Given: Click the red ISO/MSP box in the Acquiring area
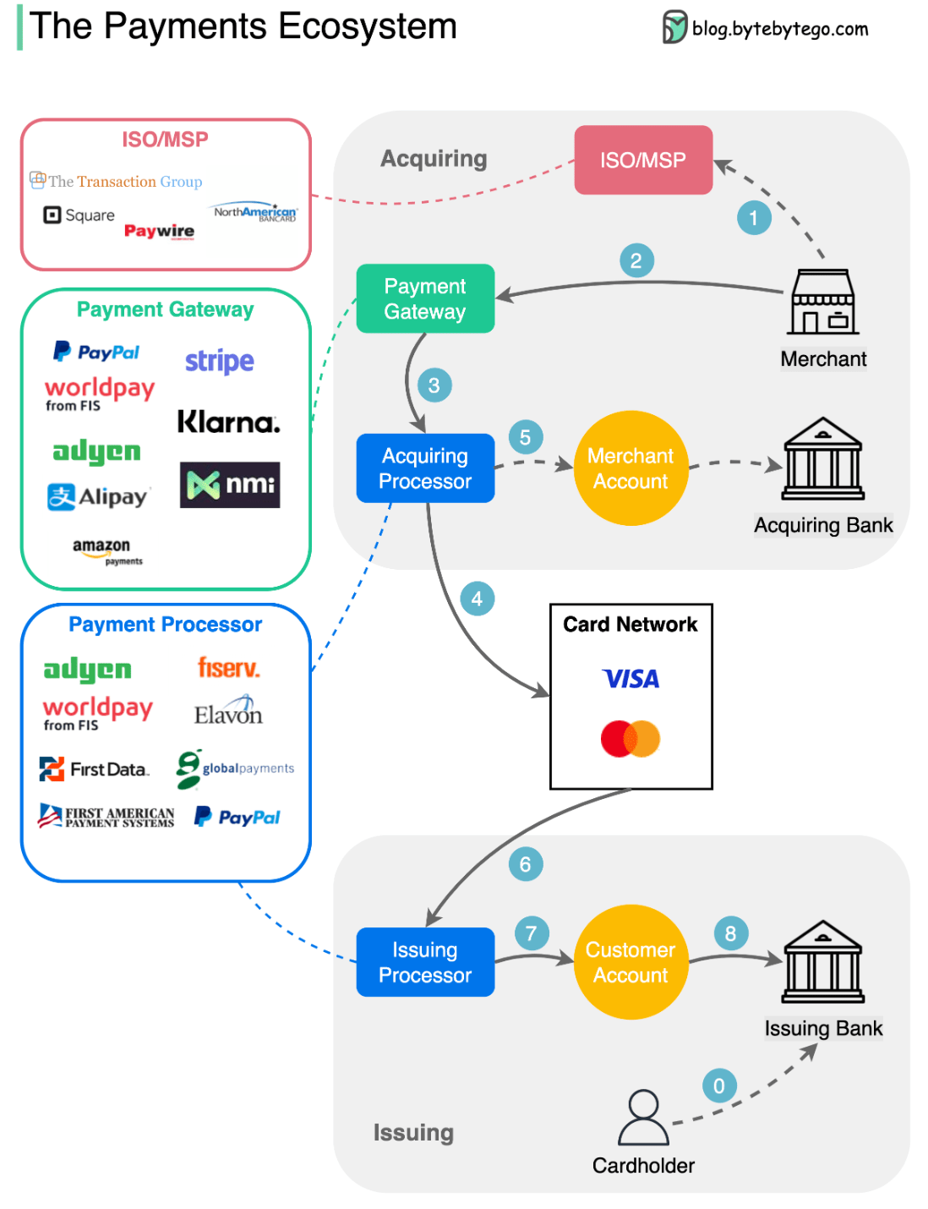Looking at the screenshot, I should (x=643, y=160).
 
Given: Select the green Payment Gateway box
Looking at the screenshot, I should (x=425, y=298).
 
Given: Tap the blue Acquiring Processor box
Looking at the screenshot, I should (x=425, y=468).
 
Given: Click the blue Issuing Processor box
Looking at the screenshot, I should (x=425, y=962).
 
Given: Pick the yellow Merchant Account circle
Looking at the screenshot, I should (x=630, y=468).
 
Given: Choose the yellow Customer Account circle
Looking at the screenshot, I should (x=630, y=962).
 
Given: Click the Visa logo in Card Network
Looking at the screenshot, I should (x=630, y=679).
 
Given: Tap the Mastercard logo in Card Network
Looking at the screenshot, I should (x=630, y=739).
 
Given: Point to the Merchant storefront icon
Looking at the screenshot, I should (x=823, y=303).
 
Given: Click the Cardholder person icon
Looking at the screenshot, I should (x=643, y=1117).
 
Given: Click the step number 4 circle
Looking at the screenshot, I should (x=477, y=599).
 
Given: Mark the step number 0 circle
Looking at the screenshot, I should (x=719, y=1086).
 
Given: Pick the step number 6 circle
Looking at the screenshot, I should (x=525, y=864).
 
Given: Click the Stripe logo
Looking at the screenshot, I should (x=220, y=361).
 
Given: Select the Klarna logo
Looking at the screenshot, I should (x=228, y=421).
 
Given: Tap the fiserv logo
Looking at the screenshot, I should (x=228, y=668).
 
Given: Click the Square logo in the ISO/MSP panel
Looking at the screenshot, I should (x=79, y=216).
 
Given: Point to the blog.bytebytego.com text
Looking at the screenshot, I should (x=778, y=29).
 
